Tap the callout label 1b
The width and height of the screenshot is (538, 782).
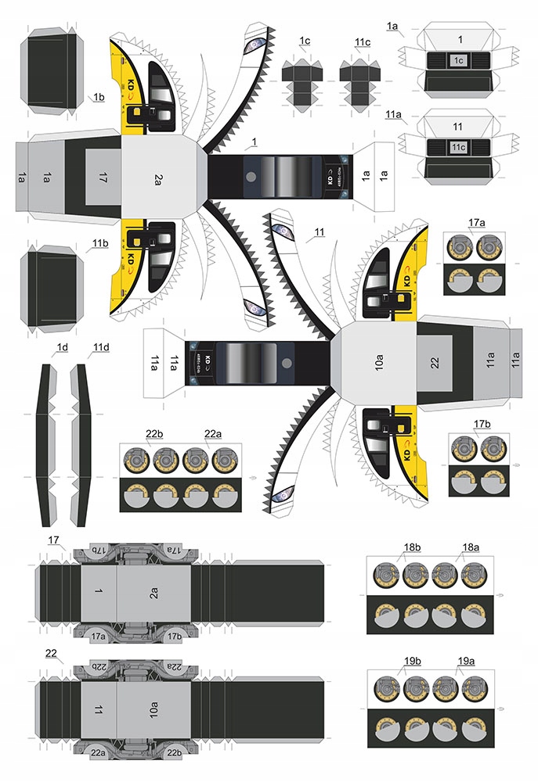tap(99, 97)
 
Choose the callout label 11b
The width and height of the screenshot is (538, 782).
tap(99, 243)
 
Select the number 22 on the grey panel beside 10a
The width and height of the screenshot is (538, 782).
tap(435, 364)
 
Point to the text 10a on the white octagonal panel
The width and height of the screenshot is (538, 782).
tap(379, 364)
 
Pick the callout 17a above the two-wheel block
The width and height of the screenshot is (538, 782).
tap(478, 224)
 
